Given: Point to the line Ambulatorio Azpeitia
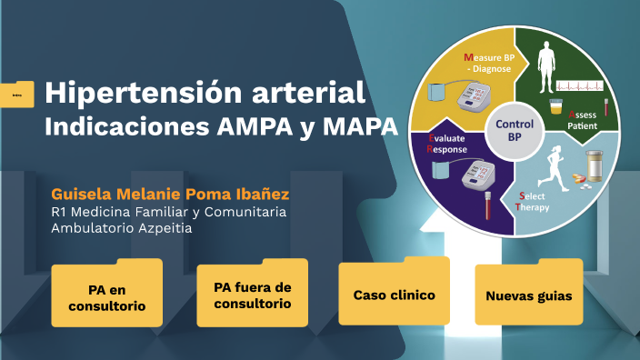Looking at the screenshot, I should click(121, 228).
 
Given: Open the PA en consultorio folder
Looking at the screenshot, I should click(106, 295).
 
